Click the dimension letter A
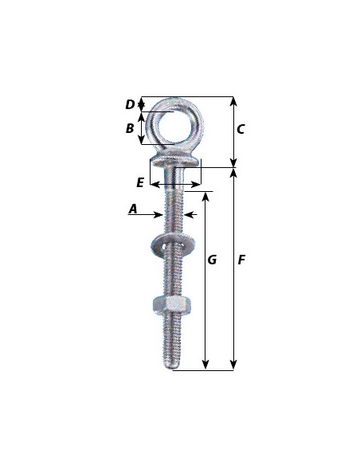click(x=133, y=209)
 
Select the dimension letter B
click(x=130, y=128)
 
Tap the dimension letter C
click(x=241, y=129)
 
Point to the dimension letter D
click(x=130, y=104)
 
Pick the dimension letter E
click(x=140, y=182)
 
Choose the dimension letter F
click(x=241, y=260)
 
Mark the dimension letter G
click(x=212, y=260)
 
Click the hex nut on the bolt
click(x=172, y=304)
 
